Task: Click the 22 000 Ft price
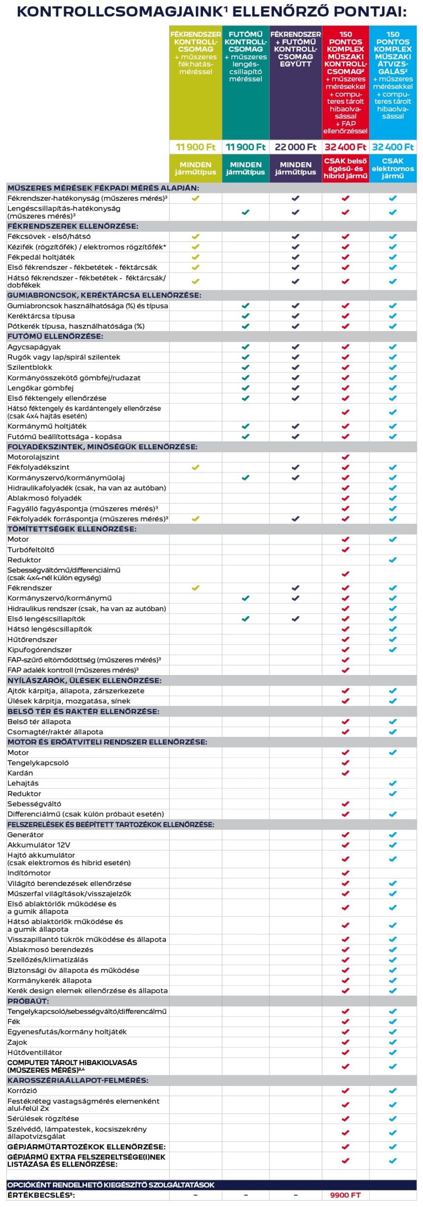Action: [x=295, y=147]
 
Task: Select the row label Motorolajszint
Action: [x=33, y=457]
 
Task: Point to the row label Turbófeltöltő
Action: [x=31, y=549]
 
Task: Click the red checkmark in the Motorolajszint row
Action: [x=345, y=457]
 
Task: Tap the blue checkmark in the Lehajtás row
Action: [x=392, y=783]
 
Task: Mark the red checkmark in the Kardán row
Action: [x=345, y=773]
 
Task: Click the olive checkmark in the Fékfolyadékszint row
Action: [x=195, y=467]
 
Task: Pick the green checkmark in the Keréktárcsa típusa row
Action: [x=245, y=316]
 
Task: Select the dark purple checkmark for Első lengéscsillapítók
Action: [x=295, y=619]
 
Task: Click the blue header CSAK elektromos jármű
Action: [x=392, y=168]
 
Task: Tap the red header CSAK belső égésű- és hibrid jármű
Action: [x=345, y=168]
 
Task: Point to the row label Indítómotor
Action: [x=29, y=873]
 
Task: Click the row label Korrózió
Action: [x=22, y=1091]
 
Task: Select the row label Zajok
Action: [x=17, y=1042]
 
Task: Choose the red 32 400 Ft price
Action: [x=345, y=147]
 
